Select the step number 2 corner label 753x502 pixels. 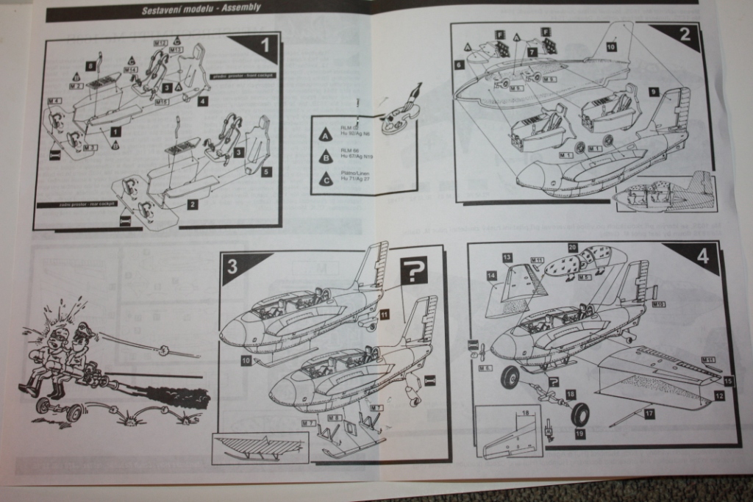685,33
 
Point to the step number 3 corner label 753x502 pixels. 232,267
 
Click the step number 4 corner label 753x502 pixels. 703,258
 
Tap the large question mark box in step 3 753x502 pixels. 415,272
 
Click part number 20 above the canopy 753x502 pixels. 573,248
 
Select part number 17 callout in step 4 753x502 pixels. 649,415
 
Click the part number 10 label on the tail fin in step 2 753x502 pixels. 611,46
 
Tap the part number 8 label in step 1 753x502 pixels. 90,66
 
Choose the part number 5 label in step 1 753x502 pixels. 266,171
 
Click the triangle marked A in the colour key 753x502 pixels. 324,135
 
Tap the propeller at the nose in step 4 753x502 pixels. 483,351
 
